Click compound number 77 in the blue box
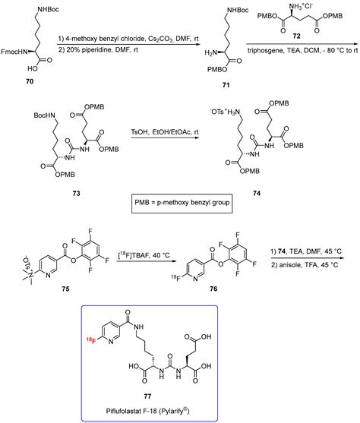pos(180,399)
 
